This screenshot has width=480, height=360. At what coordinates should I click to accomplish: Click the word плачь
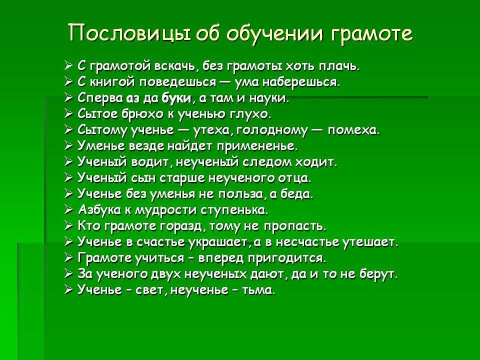339,66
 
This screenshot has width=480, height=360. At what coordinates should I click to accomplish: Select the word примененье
257,146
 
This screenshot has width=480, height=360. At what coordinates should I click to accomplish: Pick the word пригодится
287,258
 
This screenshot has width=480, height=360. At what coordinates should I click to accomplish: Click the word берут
378,274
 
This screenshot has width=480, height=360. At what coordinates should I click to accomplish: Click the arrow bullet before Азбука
68,210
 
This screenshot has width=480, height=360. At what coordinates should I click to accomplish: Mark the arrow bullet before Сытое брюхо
68,114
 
